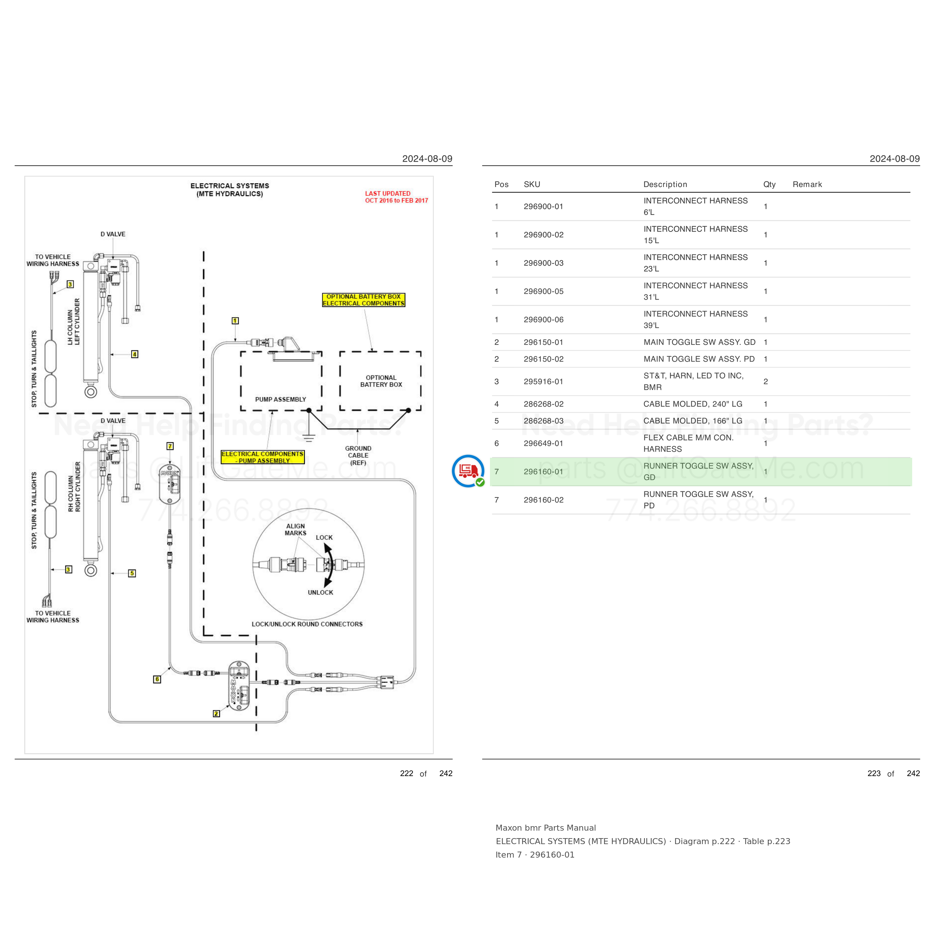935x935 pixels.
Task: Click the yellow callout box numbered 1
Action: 235,321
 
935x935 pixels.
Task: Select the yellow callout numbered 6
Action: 157,679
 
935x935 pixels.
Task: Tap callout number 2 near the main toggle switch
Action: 216,713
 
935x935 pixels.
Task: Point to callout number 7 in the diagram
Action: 170,446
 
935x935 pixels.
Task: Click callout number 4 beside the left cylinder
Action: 135,354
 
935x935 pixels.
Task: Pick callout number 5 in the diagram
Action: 132,573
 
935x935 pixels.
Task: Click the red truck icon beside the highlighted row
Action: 468,471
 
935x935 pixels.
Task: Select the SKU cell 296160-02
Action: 543,500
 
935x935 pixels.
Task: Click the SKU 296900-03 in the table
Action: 543,263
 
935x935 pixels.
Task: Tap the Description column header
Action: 665,184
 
